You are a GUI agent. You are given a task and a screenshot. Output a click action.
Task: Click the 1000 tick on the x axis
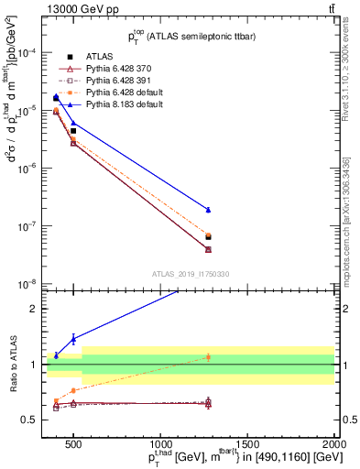pyautogui.click(x=160, y=445)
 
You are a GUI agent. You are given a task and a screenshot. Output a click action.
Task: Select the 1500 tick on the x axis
pyautogui.click(x=247, y=445)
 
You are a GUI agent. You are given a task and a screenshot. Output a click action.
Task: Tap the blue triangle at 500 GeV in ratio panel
pyautogui.click(x=73, y=339)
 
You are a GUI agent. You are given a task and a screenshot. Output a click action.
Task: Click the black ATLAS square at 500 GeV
pyautogui.click(x=73, y=131)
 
